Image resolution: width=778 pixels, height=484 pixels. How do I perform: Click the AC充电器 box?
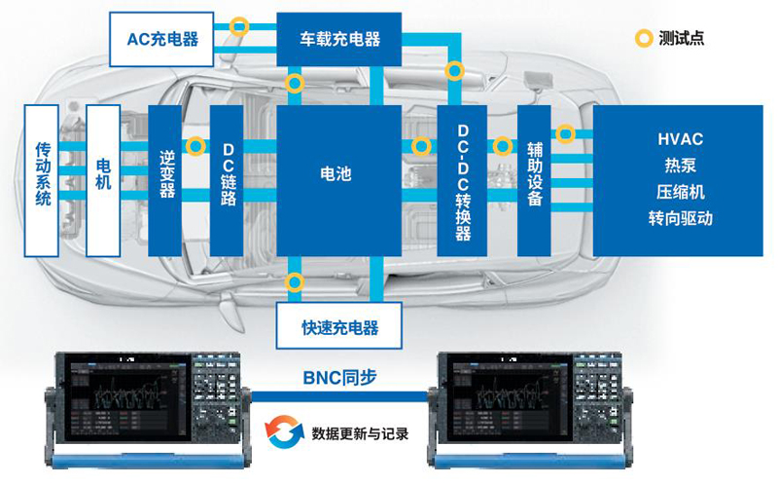[161, 39]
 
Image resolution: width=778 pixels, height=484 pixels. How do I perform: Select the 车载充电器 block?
[338, 39]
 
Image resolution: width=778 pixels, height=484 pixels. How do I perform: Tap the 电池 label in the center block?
[336, 173]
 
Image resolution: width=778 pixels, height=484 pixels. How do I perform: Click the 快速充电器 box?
[338, 326]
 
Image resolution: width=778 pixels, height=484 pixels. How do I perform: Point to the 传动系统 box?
[42, 181]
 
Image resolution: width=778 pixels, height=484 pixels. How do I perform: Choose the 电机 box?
[103, 181]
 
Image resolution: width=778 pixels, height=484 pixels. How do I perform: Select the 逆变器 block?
[165, 181]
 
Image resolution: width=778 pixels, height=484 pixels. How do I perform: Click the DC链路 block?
[227, 181]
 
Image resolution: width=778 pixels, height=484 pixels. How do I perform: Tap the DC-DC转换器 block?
[462, 181]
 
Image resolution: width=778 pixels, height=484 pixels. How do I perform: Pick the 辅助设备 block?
[534, 181]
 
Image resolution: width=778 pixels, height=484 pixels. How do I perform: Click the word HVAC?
[680, 139]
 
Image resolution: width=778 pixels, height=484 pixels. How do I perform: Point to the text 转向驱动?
[680, 218]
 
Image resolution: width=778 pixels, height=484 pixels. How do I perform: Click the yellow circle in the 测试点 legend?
[644, 38]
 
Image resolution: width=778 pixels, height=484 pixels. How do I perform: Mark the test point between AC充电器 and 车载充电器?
[239, 26]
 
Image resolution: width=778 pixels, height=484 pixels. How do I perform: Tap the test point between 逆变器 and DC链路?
[196, 146]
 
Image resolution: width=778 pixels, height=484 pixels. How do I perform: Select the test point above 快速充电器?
[295, 282]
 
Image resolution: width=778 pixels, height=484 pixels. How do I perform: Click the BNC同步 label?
[339, 378]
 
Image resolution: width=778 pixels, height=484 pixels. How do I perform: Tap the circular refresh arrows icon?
[284, 431]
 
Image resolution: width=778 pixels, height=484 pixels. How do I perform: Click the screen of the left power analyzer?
[127, 398]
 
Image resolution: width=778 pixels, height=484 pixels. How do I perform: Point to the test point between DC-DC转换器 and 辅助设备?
[503, 146]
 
